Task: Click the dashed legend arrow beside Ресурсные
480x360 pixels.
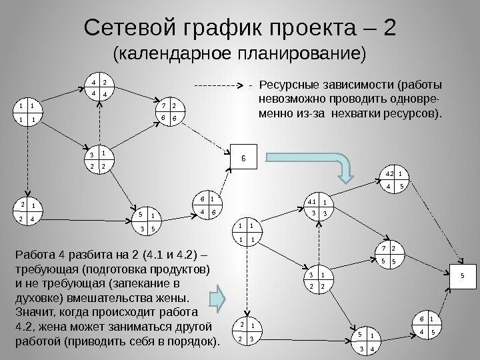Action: point(217,85)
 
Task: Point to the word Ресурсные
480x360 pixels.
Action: point(291,85)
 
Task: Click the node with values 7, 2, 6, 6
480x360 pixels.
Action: point(167,111)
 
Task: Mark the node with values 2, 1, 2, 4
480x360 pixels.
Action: point(27,211)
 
